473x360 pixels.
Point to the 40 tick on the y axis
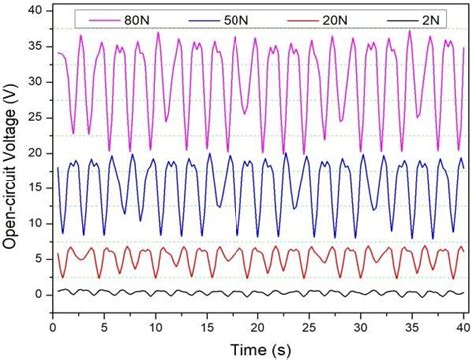click(x=35, y=10)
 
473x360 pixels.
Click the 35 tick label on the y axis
click(x=35, y=46)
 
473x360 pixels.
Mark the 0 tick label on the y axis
click(x=39, y=295)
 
